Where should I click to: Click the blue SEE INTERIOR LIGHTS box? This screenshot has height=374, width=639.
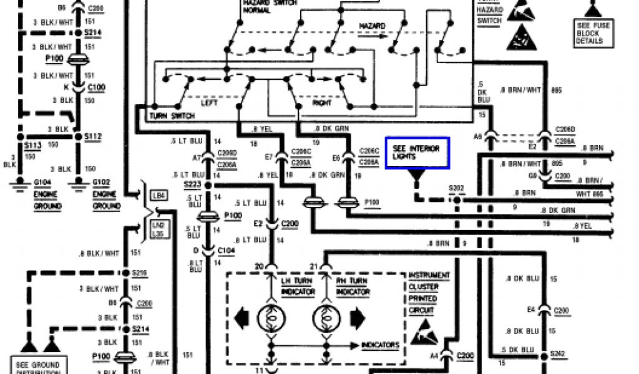tap(417, 153)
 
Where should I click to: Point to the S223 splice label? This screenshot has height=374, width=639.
tap(193, 185)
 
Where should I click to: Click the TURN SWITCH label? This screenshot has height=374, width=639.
tap(172, 117)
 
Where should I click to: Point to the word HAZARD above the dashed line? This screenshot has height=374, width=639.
tap(372, 26)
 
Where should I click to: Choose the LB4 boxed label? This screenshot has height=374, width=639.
tap(158, 196)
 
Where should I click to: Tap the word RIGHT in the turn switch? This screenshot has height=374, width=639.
tap(322, 103)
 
